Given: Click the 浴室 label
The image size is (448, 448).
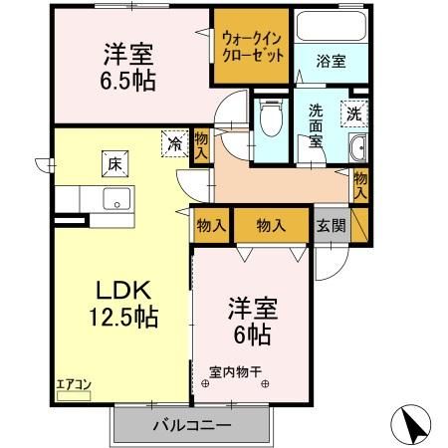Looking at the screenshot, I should tap(333, 61).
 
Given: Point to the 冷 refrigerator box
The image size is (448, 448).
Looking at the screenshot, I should tap(176, 143).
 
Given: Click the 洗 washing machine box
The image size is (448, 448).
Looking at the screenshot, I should tap(354, 112).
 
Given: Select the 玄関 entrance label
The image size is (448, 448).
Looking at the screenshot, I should tap(333, 226).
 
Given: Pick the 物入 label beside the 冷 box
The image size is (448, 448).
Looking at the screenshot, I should tap(200, 145).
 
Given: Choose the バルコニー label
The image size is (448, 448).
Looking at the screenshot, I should tap(191, 424).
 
